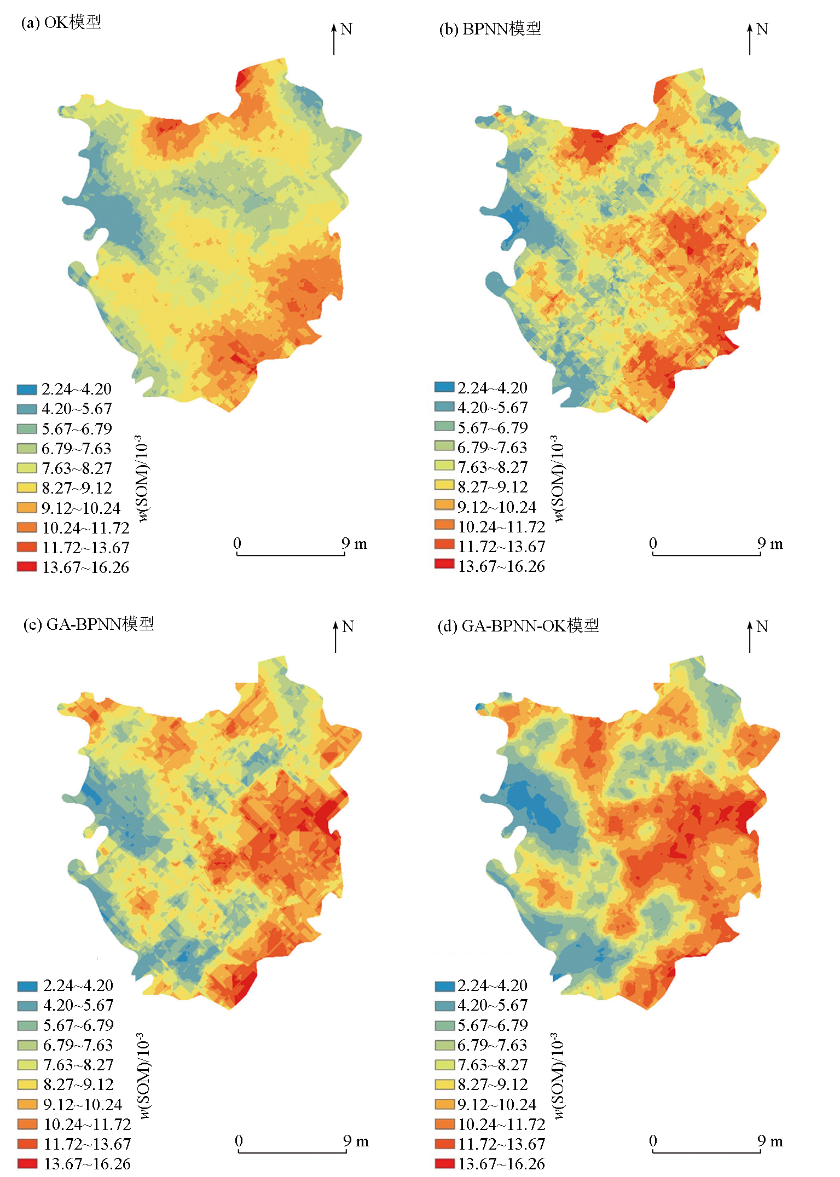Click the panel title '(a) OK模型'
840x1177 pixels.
61,22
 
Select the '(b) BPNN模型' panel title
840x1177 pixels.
490,29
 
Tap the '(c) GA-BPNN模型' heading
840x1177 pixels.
89,624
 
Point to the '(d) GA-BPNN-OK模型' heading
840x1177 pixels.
518,625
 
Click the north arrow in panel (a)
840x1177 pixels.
334,39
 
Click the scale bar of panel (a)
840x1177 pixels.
291,554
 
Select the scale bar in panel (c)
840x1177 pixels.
292,1151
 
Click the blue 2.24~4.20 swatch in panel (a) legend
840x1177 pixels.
26,390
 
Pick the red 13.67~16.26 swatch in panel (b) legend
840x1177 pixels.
444,564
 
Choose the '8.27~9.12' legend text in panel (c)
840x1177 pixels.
78,1084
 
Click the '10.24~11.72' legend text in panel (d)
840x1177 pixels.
501,1124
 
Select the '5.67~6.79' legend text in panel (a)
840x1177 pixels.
77,428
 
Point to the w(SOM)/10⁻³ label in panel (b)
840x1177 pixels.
558,478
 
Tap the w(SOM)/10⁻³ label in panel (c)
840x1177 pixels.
143,1076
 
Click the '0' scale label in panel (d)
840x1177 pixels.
653,1140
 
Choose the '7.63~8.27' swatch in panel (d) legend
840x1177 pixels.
444,1064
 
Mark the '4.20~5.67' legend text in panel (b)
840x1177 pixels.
493,408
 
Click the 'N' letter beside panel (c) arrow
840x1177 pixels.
347,626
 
